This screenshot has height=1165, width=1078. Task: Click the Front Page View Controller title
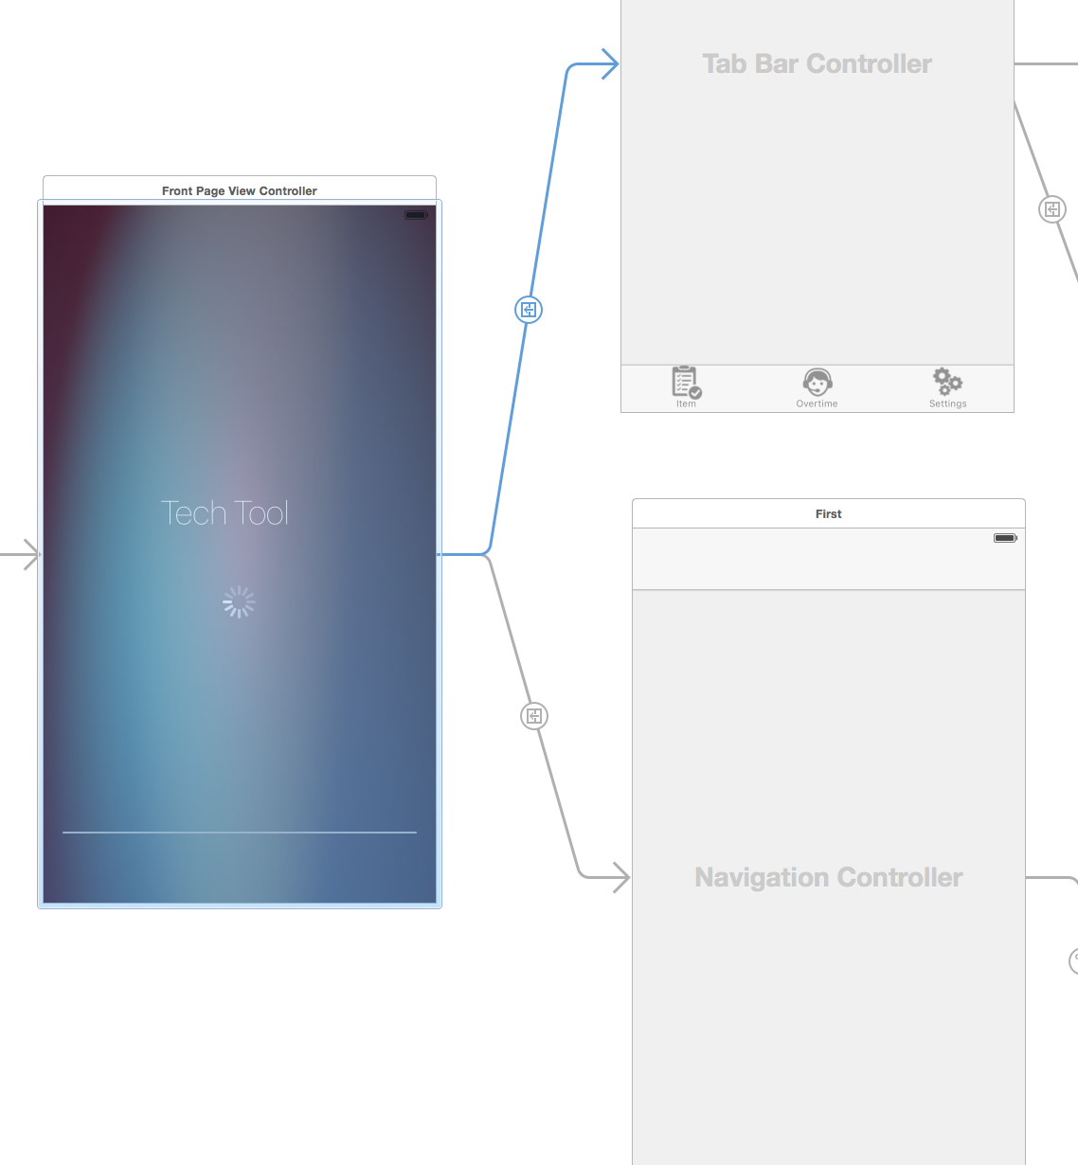[239, 190]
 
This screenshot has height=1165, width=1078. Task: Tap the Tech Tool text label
[225, 513]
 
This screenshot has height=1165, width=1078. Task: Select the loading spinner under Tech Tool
[239, 601]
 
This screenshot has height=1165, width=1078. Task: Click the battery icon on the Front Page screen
[416, 215]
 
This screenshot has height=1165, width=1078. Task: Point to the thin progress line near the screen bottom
[239, 832]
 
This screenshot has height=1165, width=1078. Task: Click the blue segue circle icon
[529, 310]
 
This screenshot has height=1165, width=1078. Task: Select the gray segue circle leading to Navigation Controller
[534, 716]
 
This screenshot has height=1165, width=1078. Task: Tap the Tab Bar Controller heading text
[817, 63]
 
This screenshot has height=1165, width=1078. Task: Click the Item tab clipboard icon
[686, 382]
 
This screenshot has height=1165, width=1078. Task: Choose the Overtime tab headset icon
[817, 382]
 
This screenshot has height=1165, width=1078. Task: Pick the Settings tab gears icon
[947, 381]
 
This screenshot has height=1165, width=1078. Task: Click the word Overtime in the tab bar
[817, 403]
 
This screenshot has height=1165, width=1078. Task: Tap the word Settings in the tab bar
[947, 403]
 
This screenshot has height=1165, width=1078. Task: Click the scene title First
[828, 513]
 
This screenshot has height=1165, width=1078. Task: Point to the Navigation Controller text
[828, 877]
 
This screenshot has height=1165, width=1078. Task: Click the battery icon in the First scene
[1005, 538]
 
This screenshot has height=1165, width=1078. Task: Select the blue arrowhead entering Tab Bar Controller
[611, 64]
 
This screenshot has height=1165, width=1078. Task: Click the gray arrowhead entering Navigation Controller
[621, 877]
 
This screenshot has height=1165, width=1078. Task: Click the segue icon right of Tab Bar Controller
[1052, 209]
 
